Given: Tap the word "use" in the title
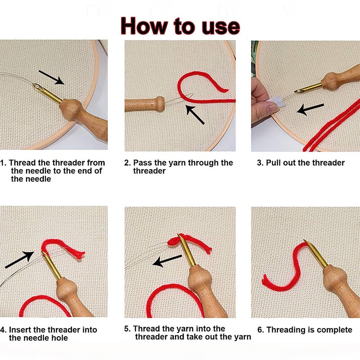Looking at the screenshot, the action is point(221,27).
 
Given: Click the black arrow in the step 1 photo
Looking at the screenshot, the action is point(51,77).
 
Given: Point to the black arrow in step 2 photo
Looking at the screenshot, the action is point(195,115).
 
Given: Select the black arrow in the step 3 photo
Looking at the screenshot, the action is point(310,109).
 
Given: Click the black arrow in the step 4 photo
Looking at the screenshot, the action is point(19,260).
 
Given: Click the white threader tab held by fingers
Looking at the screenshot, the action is point(276,102).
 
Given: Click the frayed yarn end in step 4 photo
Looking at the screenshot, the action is point(81,254).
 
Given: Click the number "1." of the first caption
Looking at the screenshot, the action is point(3,163).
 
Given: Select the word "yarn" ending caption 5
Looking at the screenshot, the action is point(243,337).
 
